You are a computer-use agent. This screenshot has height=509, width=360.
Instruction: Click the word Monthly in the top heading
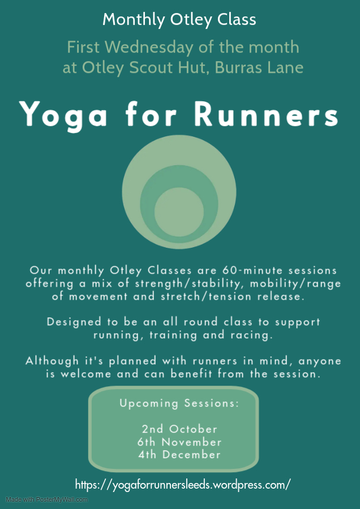pos(134,20)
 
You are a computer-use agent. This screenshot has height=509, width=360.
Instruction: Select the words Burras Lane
pos(259,67)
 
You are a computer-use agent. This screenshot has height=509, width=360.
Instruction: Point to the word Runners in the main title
pos(267,114)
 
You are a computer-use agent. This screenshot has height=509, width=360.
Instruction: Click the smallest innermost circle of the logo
pos(179,212)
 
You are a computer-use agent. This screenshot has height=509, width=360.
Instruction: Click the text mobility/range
pos(295,284)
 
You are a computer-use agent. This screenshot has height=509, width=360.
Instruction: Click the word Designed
pos(74,322)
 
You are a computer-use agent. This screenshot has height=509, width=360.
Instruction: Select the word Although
pos(52,361)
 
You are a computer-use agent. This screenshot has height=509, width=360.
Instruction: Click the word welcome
pos(86,374)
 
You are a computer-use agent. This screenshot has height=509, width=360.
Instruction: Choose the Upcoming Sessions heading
pos(179,403)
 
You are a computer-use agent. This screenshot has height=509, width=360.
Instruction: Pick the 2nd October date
pos(179,429)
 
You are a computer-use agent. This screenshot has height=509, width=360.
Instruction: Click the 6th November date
pos(179,442)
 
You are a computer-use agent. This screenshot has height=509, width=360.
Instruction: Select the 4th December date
pos(179,455)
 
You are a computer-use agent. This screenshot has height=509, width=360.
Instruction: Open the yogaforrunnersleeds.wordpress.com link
pos(183,485)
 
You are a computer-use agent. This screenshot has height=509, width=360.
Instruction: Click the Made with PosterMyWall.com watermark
pos(47,499)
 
